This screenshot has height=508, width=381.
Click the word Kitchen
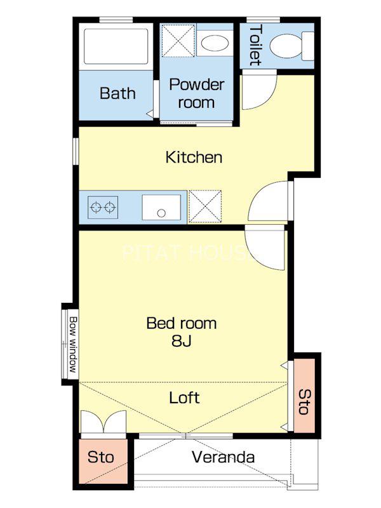(194, 157)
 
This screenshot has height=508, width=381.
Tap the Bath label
(117, 93)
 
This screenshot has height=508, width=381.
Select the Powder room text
(196, 93)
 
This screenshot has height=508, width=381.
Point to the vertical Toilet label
(255, 45)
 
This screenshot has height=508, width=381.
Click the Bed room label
(182, 323)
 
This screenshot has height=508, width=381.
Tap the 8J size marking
(182, 340)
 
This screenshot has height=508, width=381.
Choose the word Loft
(184, 398)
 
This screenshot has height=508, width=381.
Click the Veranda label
(223, 457)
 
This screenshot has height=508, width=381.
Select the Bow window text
(73, 344)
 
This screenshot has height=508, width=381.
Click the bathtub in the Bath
(116, 46)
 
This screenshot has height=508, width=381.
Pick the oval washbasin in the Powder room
(214, 43)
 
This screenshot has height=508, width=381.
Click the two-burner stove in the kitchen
(103, 207)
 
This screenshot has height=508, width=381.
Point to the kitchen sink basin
(161, 208)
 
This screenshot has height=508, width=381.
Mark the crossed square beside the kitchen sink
(205, 207)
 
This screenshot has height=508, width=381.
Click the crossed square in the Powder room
(178, 40)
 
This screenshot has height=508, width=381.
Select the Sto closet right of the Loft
(305, 395)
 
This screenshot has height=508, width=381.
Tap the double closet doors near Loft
(104, 422)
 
